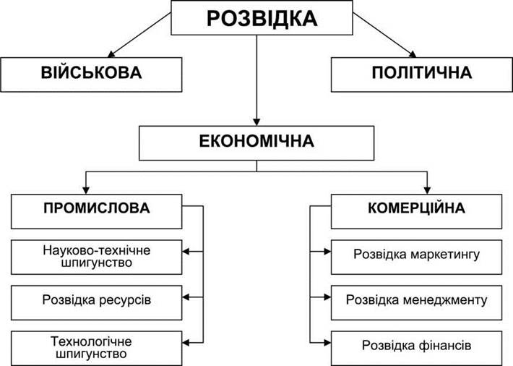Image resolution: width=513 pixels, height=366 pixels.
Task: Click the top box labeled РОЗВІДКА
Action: point(262,17)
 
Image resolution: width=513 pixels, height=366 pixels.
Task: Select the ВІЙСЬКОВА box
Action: point(91,75)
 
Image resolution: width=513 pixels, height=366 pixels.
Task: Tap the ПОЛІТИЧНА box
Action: point(422,75)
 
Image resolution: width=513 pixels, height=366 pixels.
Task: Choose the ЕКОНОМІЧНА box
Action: point(256,143)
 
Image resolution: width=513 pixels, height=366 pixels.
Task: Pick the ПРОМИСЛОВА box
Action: point(97,211)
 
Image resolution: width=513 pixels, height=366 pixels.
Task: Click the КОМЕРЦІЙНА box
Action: point(416,211)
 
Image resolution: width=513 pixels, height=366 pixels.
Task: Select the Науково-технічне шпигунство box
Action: point(97,258)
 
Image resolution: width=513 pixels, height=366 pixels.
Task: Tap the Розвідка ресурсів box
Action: point(97,303)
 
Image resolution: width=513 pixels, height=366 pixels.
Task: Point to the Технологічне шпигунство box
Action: point(97,349)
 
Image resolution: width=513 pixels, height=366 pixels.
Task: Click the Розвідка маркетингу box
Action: point(416,258)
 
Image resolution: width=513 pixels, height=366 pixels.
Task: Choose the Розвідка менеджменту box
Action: point(416,303)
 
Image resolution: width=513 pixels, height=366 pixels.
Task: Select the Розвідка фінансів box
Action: point(416,349)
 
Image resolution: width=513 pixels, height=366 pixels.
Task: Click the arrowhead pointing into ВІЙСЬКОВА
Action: point(111,54)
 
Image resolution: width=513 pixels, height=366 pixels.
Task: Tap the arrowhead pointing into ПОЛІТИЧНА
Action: point(413,54)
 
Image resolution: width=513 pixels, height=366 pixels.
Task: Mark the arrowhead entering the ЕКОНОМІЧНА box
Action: point(256,122)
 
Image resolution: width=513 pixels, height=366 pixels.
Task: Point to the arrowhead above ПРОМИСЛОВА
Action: point(86,190)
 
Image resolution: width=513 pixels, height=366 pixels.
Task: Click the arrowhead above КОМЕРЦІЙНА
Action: point(427,190)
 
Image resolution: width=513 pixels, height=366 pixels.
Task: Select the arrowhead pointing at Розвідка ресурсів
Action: point(186,297)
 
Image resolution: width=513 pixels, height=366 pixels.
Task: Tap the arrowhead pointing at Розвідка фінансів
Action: point(327,343)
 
